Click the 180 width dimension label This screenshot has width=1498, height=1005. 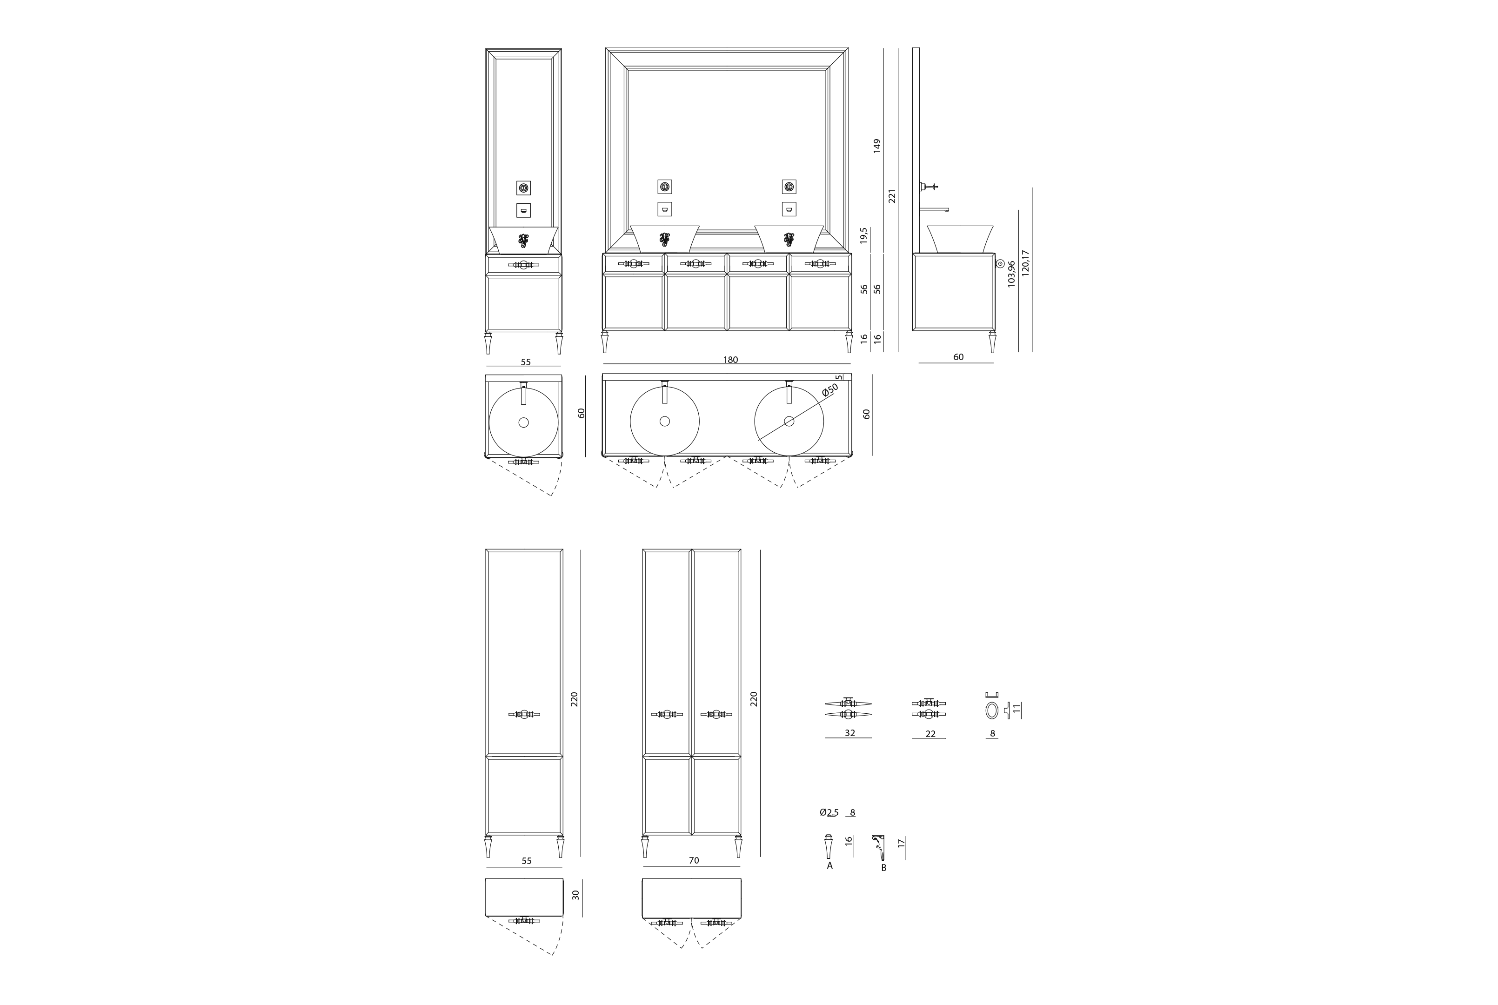point(730,360)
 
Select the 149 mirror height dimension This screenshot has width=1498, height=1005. point(877,146)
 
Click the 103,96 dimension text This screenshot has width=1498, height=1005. point(1011,274)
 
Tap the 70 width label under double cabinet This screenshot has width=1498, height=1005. point(693,860)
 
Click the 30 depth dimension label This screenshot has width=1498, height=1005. point(575,895)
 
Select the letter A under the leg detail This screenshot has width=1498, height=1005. point(830,865)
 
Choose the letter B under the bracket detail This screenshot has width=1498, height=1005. point(883,868)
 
